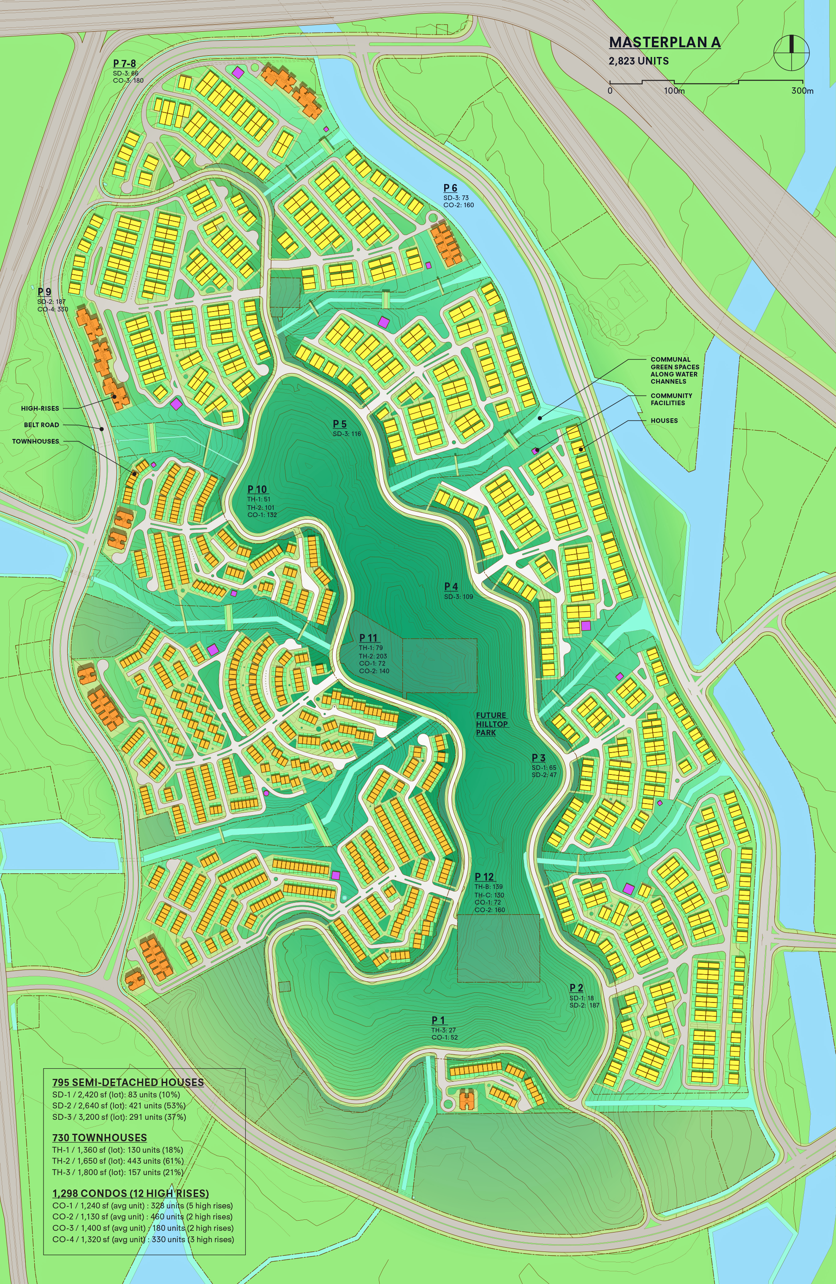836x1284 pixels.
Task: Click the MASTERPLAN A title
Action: (665, 43)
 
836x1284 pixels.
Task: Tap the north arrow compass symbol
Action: (791, 52)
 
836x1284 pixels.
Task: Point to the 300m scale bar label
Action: (802, 91)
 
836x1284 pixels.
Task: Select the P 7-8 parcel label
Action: (124, 64)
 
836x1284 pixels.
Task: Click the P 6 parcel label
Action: (450, 188)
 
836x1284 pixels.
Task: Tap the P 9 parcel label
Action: (44, 292)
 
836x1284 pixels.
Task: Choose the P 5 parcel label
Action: (339, 424)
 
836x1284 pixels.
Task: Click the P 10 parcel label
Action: (257, 489)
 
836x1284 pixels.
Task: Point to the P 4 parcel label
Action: (451, 586)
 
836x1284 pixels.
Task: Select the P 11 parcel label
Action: (368, 638)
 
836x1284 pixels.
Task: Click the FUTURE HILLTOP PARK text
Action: (491, 723)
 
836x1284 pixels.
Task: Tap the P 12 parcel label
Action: (484, 877)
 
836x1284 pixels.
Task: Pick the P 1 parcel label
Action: (438, 1020)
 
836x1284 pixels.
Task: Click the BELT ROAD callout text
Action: (41, 425)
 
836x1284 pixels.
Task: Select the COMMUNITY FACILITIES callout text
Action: (671, 399)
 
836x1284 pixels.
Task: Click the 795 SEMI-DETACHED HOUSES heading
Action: (128, 1082)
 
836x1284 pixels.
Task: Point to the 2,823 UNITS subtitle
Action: (638, 61)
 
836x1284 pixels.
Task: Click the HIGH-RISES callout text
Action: (40, 409)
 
